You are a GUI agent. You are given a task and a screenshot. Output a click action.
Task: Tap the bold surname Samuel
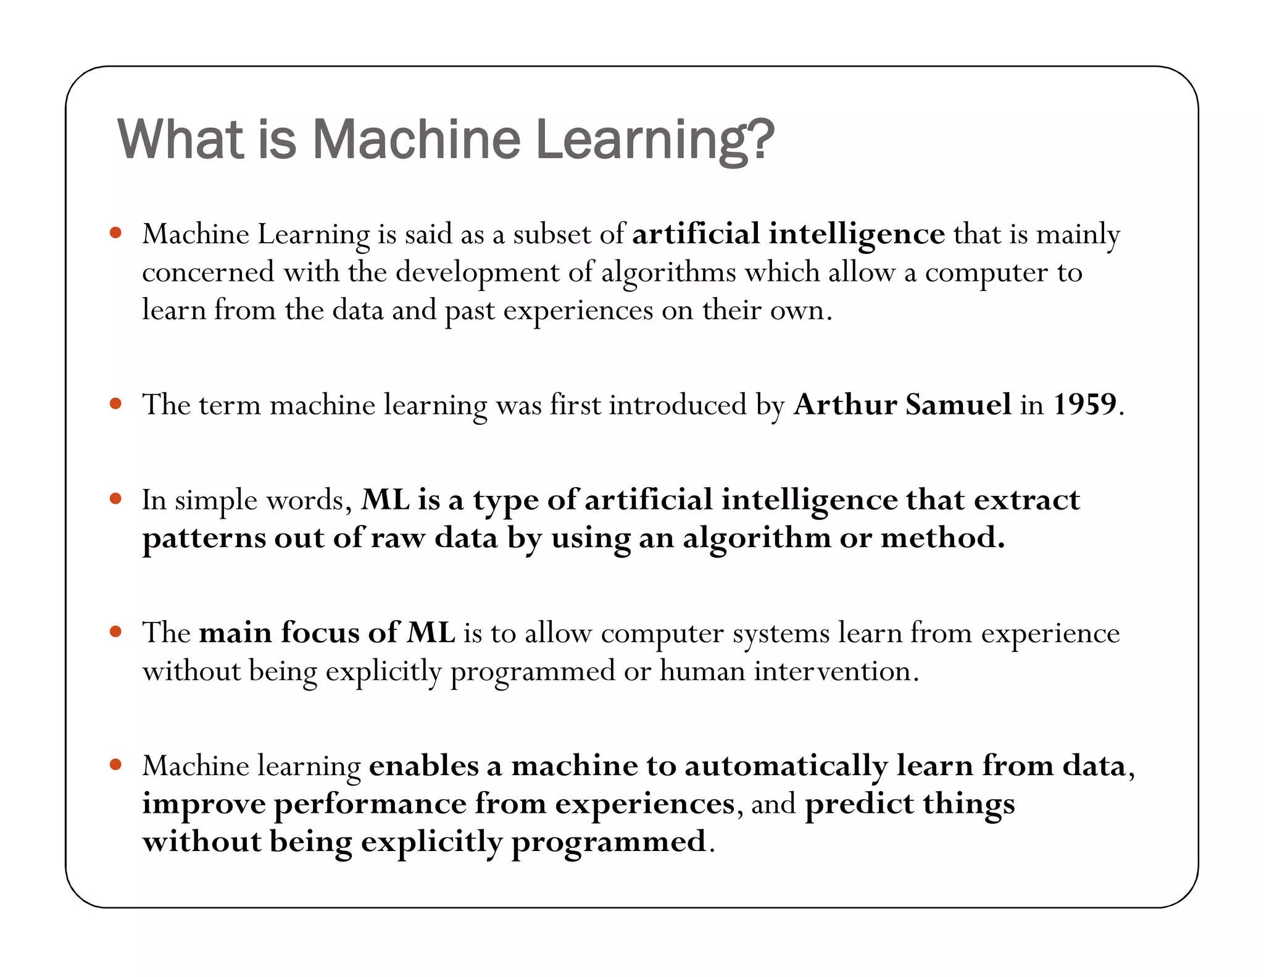click(x=958, y=405)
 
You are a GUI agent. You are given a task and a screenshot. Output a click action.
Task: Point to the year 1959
click(x=1084, y=405)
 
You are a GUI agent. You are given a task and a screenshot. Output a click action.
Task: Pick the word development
click(x=477, y=272)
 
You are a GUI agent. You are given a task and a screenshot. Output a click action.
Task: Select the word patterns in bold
click(x=203, y=538)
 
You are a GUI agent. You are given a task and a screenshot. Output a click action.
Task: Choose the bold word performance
click(x=370, y=803)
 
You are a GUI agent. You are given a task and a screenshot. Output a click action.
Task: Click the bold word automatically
click(x=786, y=766)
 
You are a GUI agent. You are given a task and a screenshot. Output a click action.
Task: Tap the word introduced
click(x=678, y=405)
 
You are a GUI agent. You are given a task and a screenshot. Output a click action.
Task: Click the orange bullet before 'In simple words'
click(x=115, y=498)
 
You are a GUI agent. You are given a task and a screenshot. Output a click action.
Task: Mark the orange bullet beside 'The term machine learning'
click(x=115, y=404)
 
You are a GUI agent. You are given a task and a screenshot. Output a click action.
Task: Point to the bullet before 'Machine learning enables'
click(x=115, y=765)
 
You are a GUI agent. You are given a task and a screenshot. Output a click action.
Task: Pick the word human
click(x=702, y=671)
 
